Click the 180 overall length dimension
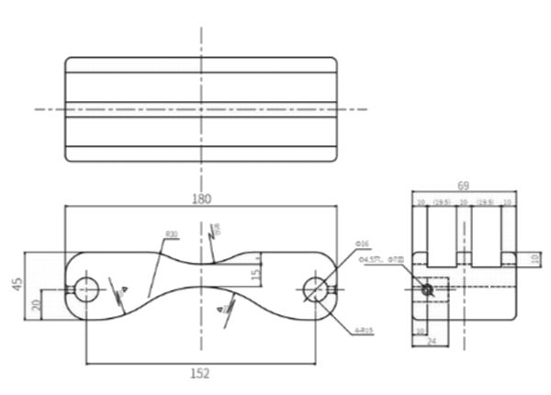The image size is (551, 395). [202, 198]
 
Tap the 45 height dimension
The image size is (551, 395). [17, 285]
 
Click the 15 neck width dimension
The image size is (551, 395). [257, 273]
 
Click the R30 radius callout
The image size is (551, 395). [171, 235]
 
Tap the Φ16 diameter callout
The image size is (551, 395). [362, 243]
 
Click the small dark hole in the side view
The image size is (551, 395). [427, 289]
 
